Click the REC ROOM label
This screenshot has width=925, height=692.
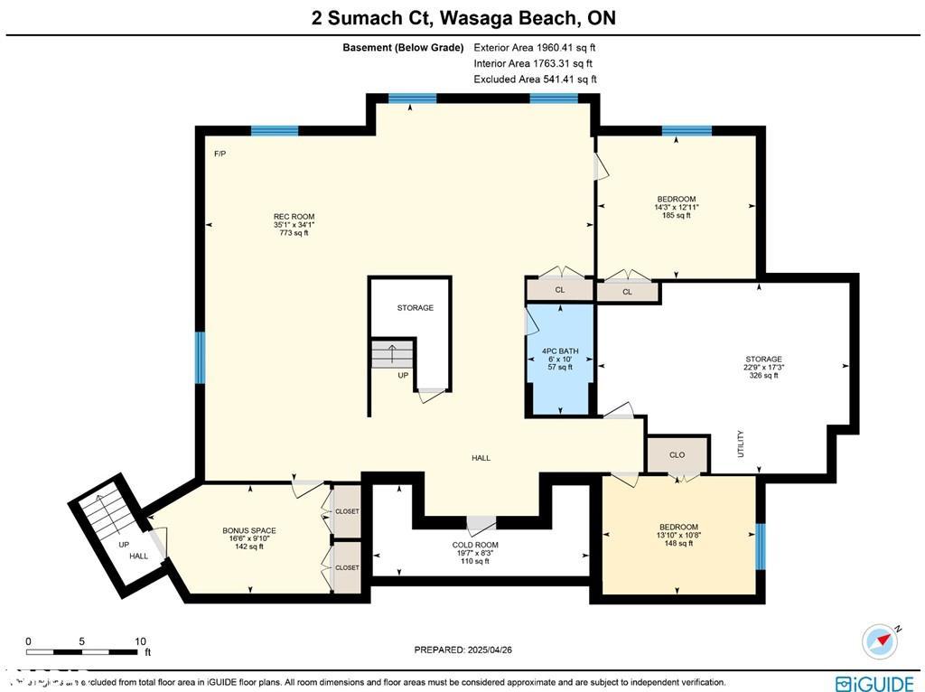click(x=294, y=224)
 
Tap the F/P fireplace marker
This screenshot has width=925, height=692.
click(x=220, y=154)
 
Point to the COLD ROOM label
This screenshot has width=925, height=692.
click(x=475, y=553)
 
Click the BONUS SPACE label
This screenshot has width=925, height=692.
click(x=249, y=538)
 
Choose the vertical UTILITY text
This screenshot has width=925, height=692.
click(x=741, y=443)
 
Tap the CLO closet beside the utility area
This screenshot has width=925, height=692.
click(x=677, y=455)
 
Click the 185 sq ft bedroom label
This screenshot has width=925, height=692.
click(x=676, y=207)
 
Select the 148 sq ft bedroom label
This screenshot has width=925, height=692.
click(x=677, y=535)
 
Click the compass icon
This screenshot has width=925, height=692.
click(x=880, y=641)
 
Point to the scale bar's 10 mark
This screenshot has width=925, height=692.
click(x=140, y=641)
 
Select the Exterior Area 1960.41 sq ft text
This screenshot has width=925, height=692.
click(x=535, y=48)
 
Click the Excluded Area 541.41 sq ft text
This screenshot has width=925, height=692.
click(x=535, y=79)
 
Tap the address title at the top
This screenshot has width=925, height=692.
click(x=462, y=18)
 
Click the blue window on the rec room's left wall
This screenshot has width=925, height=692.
click(x=201, y=357)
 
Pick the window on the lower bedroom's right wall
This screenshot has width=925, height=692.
click(x=760, y=547)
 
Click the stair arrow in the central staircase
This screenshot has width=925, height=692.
click(x=391, y=352)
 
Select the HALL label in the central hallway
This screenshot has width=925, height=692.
click(x=481, y=458)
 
